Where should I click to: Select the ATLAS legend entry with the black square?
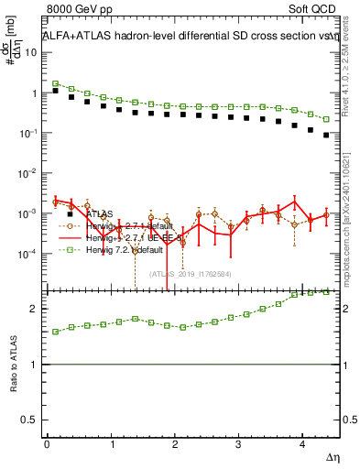(x=100, y=213)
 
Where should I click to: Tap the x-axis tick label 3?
(x=237, y=445)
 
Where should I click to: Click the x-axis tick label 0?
(x=47, y=445)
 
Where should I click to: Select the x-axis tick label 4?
(x=300, y=445)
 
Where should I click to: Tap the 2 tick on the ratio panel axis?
(x=37, y=310)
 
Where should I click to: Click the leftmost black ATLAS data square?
(x=56, y=91)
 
